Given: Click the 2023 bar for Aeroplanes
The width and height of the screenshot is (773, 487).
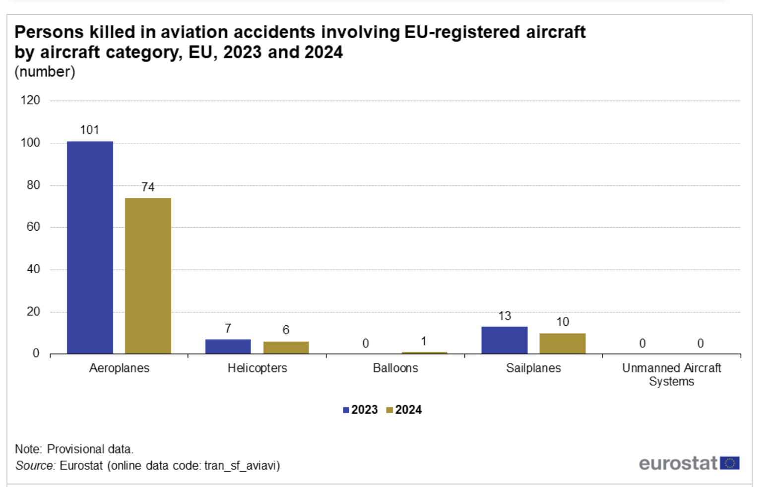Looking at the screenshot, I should click(x=90, y=247).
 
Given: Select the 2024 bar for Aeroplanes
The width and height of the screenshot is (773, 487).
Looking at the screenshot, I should click(x=148, y=276).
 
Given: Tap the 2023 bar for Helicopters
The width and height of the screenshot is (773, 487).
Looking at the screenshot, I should click(x=228, y=347).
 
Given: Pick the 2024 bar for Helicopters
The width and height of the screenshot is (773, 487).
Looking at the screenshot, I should click(x=286, y=348).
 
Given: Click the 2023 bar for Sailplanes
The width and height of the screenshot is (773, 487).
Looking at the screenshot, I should click(x=504, y=340).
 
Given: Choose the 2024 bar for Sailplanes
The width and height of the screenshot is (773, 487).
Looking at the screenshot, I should click(x=562, y=344).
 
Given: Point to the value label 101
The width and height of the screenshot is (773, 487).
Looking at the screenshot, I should click(x=90, y=130).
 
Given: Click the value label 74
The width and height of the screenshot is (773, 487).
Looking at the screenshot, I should click(x=148, y=187).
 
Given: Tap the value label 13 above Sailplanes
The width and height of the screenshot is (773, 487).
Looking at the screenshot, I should click(x=505, y=316).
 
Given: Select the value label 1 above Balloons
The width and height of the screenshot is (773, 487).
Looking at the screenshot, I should click(x=424, y=341).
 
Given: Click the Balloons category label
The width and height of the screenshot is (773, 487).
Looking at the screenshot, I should click(x=395, y=368).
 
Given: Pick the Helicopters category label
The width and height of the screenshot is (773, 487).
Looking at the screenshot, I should click(x=257, y=368).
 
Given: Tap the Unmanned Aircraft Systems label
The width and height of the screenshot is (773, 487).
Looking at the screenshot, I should click(x=671, y=374).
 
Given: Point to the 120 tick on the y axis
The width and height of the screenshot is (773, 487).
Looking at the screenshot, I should click(x=30, y=100).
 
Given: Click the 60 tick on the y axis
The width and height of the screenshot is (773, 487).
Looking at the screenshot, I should click(x=33, y=227).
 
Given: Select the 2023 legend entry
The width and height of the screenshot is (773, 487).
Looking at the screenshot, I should click(x=360, y=410).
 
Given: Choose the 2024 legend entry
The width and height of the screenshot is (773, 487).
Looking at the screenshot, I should click(x=404, y=410).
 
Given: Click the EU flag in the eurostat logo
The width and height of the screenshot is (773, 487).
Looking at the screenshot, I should click(x=729, y=463).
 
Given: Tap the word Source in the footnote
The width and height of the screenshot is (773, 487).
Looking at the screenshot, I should click(x=35, y=466).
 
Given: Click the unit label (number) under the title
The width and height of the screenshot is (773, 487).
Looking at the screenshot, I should click(x=45, y=72).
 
